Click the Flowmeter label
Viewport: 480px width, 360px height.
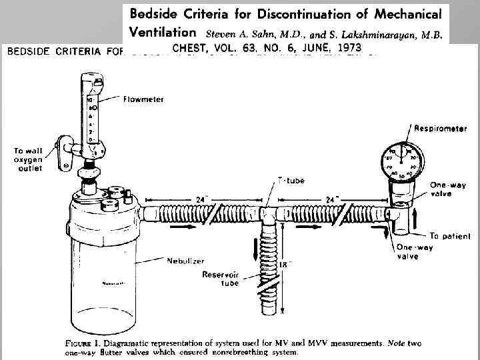(143, 99)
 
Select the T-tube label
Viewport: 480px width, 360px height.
(290, 180)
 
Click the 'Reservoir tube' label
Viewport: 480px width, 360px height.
(220, 279)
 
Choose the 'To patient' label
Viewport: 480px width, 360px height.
(449, 235)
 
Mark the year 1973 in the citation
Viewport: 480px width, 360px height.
(343, 48)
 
